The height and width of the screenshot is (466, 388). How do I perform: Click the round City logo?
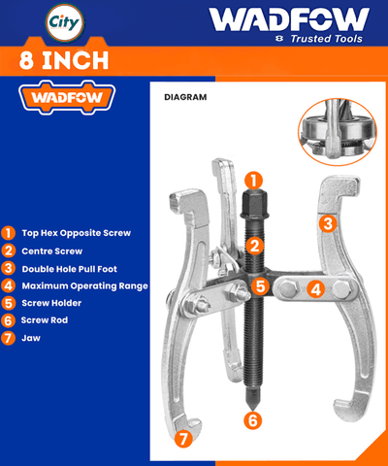[65, 23]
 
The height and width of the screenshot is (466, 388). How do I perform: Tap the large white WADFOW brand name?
[289, 19]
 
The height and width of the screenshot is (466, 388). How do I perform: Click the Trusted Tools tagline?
[326, 39]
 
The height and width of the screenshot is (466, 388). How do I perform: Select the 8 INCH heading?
[64, 60]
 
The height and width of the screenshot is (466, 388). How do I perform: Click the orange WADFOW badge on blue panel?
[67, 97]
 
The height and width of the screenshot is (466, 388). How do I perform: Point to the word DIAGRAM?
[185, 97]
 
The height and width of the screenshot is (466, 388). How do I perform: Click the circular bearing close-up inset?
[338, 132]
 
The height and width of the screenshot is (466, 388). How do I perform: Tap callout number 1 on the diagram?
[253, 181]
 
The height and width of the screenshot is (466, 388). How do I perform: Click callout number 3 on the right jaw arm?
[328, 223]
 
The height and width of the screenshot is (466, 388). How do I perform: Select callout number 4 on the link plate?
[315, 288]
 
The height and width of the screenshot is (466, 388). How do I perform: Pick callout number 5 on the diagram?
[260, 286]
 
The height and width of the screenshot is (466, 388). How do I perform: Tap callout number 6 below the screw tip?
[253, 420]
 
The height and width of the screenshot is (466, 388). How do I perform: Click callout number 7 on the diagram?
[183, 439]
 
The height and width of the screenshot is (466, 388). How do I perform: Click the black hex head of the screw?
[254, 204]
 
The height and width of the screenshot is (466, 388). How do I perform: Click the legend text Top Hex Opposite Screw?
[77, 233]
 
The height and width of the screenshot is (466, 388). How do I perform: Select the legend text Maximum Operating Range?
[85, 286]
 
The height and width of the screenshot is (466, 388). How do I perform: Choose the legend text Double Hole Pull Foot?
[70, 269]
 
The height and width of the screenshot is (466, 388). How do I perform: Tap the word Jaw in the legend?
[31, 338]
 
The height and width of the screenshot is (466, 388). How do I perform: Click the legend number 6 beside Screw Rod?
[8, 320]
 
